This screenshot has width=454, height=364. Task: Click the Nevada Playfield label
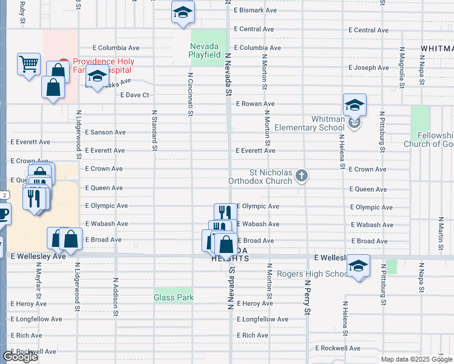205,50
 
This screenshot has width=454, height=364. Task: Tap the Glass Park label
174,297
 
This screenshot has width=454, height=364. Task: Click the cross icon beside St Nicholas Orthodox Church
302,177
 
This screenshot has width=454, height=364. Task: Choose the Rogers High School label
313,274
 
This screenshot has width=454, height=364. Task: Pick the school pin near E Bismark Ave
182,13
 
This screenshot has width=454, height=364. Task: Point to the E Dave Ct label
135,95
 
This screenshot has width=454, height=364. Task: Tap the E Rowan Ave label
255,104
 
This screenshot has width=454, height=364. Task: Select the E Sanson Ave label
105,132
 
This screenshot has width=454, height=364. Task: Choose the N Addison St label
115,294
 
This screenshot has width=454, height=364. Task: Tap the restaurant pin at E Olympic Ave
225,212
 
